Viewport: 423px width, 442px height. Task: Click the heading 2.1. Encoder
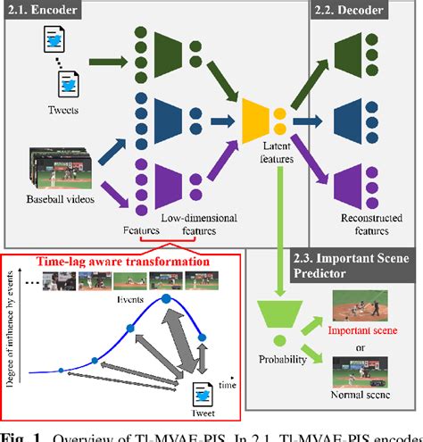click(37, 11)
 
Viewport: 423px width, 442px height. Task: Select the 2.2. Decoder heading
click(351, 11)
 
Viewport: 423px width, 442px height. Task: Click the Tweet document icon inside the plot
click(203, 394)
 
